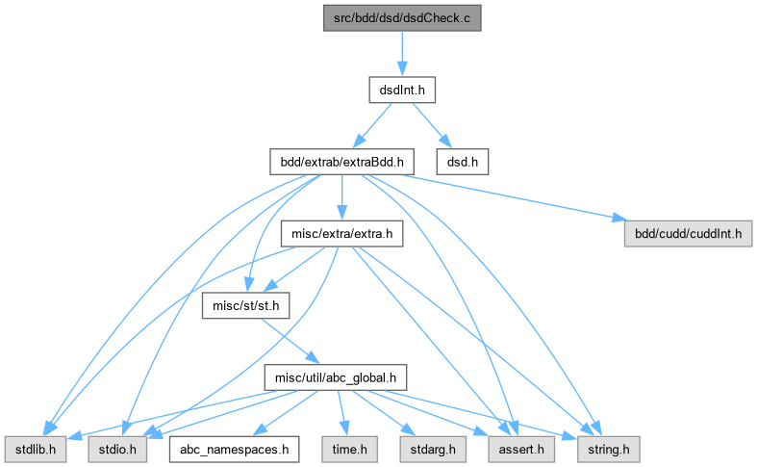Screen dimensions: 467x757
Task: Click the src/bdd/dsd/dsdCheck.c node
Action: (x=400, y=18)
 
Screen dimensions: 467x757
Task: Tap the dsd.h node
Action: (x=463, y=162)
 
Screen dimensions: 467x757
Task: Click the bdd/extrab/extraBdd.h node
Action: (x=336, y=162)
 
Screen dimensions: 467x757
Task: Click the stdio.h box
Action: (x=117, y=448)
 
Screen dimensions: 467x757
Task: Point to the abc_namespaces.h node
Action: (x=233, y=448)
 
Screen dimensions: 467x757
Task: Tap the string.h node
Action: (x=603, y=448)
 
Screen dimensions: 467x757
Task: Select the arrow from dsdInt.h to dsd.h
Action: (x=431, y=124)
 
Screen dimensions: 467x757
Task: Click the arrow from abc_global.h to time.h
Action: (x=341, y=412)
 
